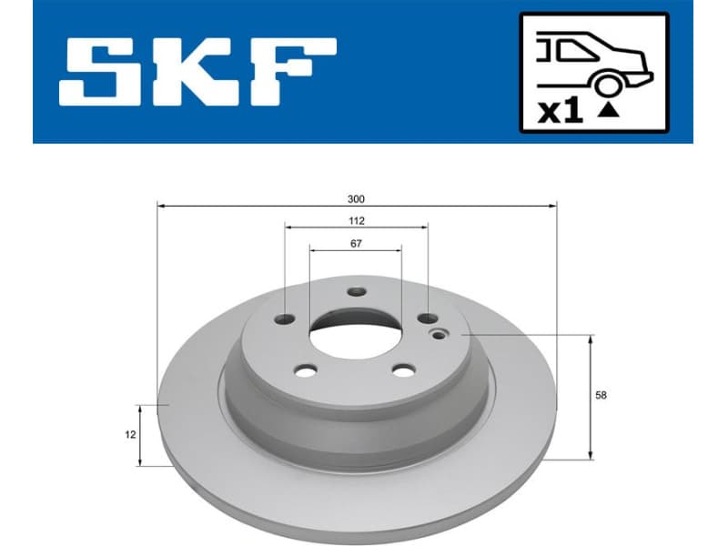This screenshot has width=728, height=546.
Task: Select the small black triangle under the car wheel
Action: [x=607, y=112]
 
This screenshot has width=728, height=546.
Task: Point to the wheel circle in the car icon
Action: [x=607, y=84]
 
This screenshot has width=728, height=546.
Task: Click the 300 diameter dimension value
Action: [x=356, y=197]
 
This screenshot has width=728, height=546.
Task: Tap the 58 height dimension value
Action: [x=601, y=395]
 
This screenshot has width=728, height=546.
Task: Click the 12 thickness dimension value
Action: [x=131, y=435]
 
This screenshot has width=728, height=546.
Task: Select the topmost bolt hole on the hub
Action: [x=355, y=292]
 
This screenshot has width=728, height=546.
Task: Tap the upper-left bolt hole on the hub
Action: [x=286, y=318]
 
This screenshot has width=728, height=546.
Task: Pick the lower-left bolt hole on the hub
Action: [x=306, y=370]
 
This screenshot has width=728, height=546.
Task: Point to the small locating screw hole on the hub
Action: [x=441, y=334]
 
